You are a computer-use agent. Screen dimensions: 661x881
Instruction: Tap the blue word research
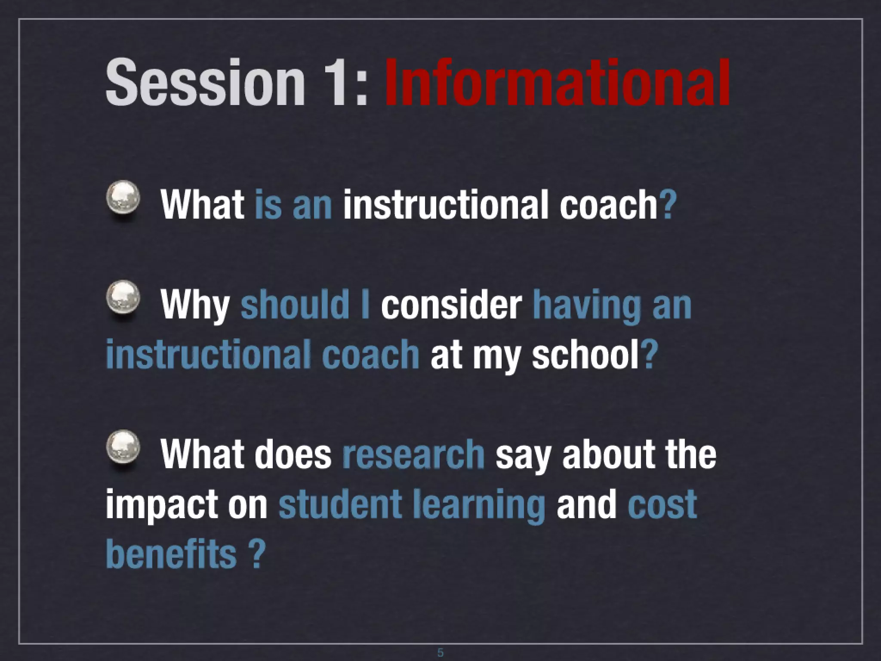(413, 454)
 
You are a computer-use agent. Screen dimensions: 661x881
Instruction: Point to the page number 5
(440, 652)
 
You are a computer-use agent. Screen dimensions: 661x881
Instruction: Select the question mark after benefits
(256, 554)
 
